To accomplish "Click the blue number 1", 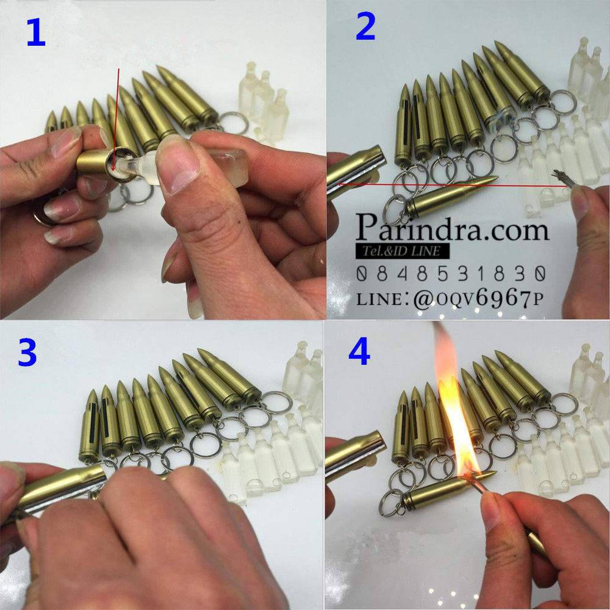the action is point(36,33).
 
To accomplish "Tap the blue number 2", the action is point(365,26).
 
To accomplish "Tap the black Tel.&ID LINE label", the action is point(402,251).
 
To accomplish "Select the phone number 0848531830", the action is point(451,274).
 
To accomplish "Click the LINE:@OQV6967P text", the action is point(450,299).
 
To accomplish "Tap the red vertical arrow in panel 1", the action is point(116,120).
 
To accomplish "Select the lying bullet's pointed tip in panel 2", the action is point(497,178).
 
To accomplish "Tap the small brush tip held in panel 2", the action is point(561,178).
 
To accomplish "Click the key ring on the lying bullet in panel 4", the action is point(391,503).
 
